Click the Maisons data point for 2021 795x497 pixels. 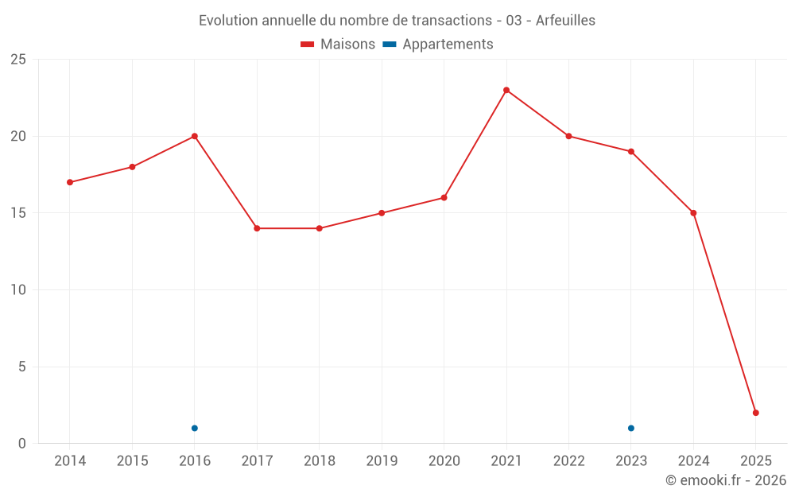(x=506, y=90)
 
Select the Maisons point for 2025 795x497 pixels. (x=756, y=413)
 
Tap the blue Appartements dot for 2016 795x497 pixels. (x=195, y=428)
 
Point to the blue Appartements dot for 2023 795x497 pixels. (x=631, y=428)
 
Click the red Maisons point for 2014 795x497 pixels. (x=70, y=182)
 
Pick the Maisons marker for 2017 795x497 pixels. (x=257, y=228)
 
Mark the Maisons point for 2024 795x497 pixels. (x=693, y=213)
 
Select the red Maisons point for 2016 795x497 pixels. (x=195, y=136)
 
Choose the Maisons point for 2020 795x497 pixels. (x=444, y=197)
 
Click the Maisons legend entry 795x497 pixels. (x=338, y=45)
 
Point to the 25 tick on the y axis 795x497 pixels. (x=18, y=60)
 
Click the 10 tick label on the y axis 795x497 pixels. (x=18, y=289)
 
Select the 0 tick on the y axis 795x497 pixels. (x=22, y=444)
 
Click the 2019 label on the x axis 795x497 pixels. (x=382, y=461)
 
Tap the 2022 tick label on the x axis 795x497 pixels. (x=568, y=461)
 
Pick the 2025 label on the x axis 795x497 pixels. (x=756, y=461)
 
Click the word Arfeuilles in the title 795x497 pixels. (x=565, y=21)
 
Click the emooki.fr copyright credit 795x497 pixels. (x=726, y=480)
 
